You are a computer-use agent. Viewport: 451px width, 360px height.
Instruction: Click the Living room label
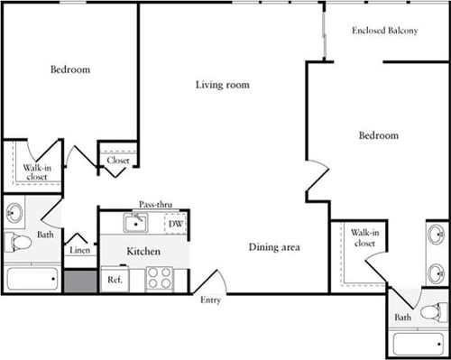pyautogui.click(x=222, y=86)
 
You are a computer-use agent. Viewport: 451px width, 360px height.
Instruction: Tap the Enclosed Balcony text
pyautogui.click(x=384, y=31)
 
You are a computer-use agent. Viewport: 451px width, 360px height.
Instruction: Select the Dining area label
pyautogui.click(x=274, y=247)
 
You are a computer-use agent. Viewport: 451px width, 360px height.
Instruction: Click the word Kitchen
pyautogui.click(x=143, y=251)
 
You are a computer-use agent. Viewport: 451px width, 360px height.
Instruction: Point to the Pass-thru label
pyautogui.click(x=156, y=205)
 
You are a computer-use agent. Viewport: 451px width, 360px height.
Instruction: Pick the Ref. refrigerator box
pyautogui.click(x=115, y=281)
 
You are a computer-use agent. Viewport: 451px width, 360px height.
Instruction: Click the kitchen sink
pyautogui.click(x=137, y=222)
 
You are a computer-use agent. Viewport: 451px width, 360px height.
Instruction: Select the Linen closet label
pyautogui.click(x=80, y=250)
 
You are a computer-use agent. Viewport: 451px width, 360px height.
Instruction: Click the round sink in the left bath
pyautogui.click(x=15, y=214)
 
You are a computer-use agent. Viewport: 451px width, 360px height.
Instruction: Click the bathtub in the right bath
pyautogui.click(x=419, y=343)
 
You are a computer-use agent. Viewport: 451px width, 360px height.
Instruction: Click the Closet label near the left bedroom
pyautogui.click(x=118, y=161)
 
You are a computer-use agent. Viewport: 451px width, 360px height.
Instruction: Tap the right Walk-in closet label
pyautogui.click(x=363, y=237)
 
